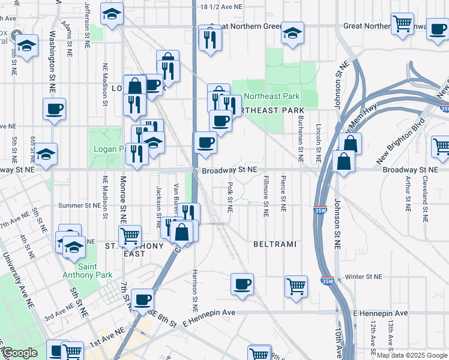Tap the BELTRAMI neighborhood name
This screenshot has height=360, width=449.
pos(276,245)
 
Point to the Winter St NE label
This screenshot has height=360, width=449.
pos(364,277)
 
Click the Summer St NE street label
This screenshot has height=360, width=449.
pos(80,205)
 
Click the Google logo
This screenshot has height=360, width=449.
pos(19,353)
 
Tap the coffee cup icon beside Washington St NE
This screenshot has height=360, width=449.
pos(54,109)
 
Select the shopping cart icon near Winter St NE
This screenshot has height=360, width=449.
pos(296,286)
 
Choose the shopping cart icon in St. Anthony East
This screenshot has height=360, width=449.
pos(130,236)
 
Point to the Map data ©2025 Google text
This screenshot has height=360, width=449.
pos(412,356)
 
